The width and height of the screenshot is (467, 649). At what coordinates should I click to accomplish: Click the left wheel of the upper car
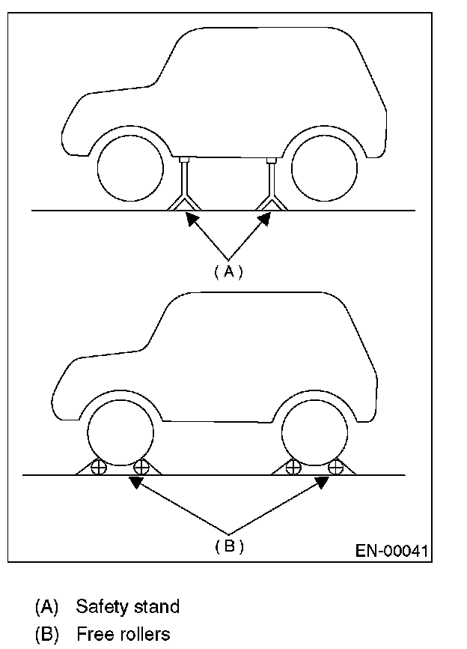[129, 169]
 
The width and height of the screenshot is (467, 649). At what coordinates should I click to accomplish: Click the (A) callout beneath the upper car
[228, 272]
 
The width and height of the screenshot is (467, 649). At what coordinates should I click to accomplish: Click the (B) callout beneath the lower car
[228, 546]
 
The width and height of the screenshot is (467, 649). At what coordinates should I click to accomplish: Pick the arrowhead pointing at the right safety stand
[263, 218]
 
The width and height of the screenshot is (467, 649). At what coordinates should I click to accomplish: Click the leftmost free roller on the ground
[97, 468]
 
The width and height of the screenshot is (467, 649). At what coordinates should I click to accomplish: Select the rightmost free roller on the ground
[336, 468]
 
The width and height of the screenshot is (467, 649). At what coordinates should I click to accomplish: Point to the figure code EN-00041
[391, 552]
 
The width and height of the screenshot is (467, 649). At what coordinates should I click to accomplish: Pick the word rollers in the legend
[141, 635]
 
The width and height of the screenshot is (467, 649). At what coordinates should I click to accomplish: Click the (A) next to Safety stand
[46, 606]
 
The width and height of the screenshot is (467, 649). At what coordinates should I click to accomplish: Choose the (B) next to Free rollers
[46, 635]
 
